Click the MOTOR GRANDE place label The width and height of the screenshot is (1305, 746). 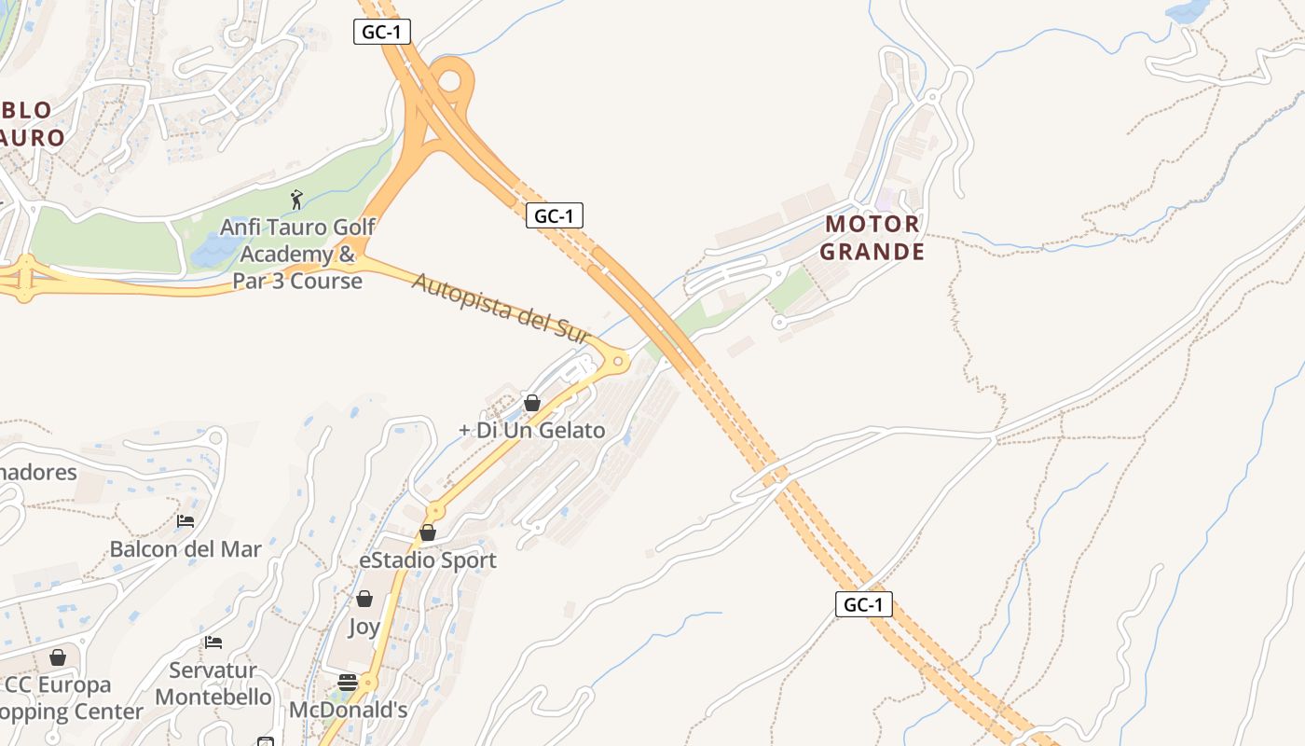pos(873,238)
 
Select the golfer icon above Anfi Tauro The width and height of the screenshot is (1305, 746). pos(296,199)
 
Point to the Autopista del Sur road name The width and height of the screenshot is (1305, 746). pos(501,308)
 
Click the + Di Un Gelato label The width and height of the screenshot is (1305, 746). pos(532,430)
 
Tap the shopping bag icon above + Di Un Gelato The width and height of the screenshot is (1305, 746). pos(531,403)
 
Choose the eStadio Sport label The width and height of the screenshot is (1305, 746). pos(428,560)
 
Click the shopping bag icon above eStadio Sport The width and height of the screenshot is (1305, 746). pos(428,532)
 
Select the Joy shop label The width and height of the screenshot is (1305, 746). pos(364,627)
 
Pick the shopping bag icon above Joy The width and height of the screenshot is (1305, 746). pos(364,599)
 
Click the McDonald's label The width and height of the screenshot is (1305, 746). pos(348,710)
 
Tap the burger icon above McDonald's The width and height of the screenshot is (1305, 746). pos(348,683)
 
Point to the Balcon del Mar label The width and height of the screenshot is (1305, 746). pos(185,548)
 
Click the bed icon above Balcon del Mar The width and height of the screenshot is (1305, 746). pos(185,521)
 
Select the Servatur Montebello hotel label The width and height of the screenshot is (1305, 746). pos(213,684)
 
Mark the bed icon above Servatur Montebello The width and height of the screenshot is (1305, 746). pos(213,642)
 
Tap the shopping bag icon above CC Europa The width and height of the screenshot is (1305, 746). pos(58,657)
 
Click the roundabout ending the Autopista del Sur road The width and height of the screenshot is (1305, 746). pos(615,360)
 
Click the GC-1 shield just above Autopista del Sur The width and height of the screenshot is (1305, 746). pos(554,215)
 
